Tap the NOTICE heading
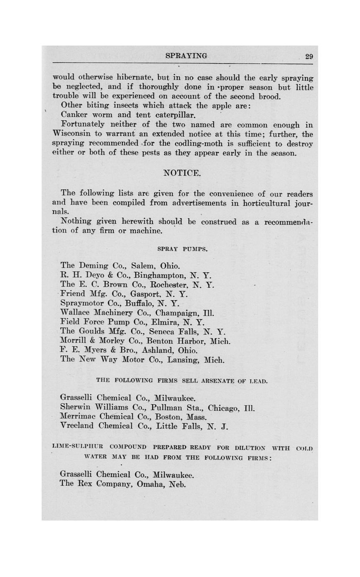point(182,173)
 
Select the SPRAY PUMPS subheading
point(182,249)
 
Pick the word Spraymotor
point(82,304)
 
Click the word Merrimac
point(78,417)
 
